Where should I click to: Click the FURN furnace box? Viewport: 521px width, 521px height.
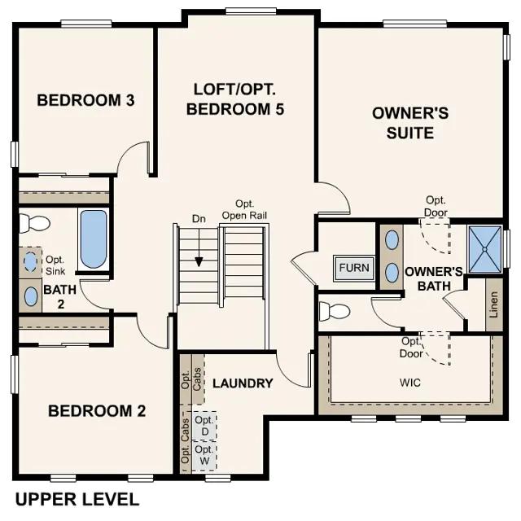(x=354, y=268)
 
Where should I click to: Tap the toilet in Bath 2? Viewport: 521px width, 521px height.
(x=33, y=223)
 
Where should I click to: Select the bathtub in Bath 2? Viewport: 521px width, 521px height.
(x=94, y=239)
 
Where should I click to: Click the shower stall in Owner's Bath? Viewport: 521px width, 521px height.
(x=485, y=249)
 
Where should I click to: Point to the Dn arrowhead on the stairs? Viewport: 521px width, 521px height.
(x=199, y=262)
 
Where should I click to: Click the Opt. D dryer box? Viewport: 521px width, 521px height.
(x=204, y=426)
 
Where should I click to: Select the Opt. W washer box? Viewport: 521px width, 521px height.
(x=204, y=455)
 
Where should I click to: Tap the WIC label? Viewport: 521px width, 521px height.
(x=410, y=383)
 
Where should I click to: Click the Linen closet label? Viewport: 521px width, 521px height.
(x=494, y=304)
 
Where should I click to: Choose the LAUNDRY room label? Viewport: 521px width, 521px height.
(x=243, y=383)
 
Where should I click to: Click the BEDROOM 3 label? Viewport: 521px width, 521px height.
(x=85, y=100)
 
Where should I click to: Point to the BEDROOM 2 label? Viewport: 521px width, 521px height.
(x=97, y=411)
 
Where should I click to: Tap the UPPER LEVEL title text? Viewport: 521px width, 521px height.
(x=77, y=500)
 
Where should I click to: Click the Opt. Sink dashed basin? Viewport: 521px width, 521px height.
(x=30, y=262)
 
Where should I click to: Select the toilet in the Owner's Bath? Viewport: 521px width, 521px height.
(x=335, y=311)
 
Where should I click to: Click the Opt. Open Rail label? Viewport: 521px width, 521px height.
(x=244, y=210)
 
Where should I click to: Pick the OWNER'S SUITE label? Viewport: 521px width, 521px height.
(x=410, y=123)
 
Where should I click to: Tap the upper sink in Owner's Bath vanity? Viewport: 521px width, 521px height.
(x=392, y=240)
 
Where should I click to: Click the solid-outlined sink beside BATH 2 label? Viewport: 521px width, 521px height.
(x=31, y=296)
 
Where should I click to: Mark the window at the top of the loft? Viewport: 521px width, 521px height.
(x=251, y=11)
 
